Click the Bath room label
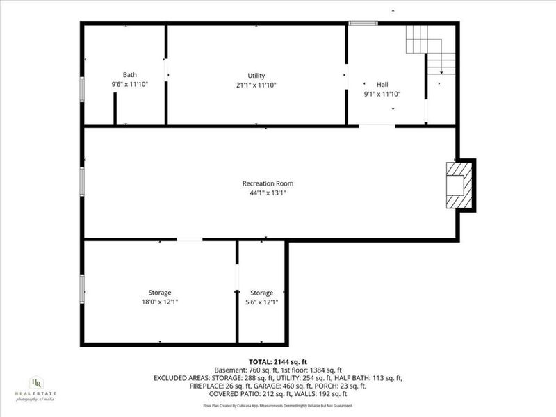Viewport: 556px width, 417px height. [130, 75]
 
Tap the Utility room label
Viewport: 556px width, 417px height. [256, 76]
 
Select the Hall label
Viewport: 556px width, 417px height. [382, 83]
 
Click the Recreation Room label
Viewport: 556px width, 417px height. [264, 183]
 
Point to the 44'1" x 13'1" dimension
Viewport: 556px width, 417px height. [264, 193]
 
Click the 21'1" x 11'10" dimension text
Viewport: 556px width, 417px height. [256, 85]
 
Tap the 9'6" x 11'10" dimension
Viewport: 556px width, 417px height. [130, 84]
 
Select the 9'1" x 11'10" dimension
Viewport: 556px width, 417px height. [382, 93]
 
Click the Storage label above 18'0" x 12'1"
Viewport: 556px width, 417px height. [159, 293]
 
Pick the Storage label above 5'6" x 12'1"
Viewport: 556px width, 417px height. [262, 293]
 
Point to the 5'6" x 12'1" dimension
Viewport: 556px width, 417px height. [262, 302]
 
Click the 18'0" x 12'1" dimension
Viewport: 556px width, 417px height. [159, 302]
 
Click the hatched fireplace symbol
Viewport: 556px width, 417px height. [459, 184]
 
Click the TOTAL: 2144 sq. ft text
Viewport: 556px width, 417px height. [278, 362]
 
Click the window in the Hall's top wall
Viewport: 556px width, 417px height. [363, 24]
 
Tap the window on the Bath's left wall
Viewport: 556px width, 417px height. [82, 90]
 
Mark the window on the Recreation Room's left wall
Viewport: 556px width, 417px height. [82, 180]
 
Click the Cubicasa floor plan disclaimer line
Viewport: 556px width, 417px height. [278, 406]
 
